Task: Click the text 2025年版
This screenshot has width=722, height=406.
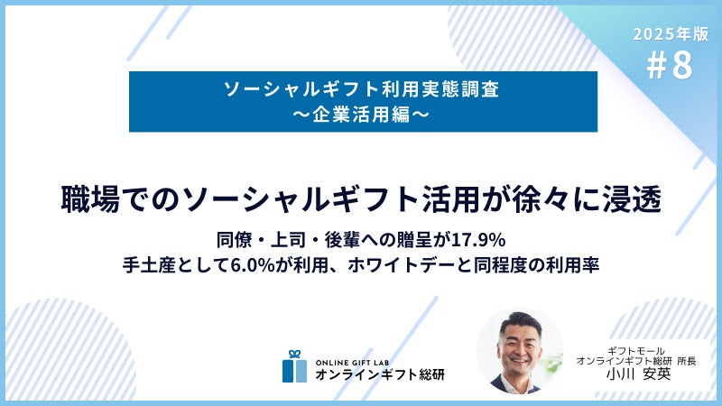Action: (671, 33)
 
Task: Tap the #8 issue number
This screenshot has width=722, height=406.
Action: (670, 65)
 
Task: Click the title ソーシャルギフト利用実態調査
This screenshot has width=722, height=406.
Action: (362, 88)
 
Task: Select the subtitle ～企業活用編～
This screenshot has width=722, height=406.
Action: (361, 115)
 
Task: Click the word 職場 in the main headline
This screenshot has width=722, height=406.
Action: (91, 199)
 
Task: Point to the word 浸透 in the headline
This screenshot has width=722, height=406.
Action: (633, 199)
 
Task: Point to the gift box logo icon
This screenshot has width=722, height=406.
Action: (295, 366)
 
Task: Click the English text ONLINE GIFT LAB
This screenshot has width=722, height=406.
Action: (352, 363)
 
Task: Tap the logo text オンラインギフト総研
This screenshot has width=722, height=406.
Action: (380, 374)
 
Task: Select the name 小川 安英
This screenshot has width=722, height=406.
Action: (638, 374)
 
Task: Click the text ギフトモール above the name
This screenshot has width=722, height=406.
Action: (636, 351)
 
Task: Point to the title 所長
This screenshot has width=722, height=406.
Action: (687, 362)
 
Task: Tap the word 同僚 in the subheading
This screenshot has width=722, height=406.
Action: (230, 240)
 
